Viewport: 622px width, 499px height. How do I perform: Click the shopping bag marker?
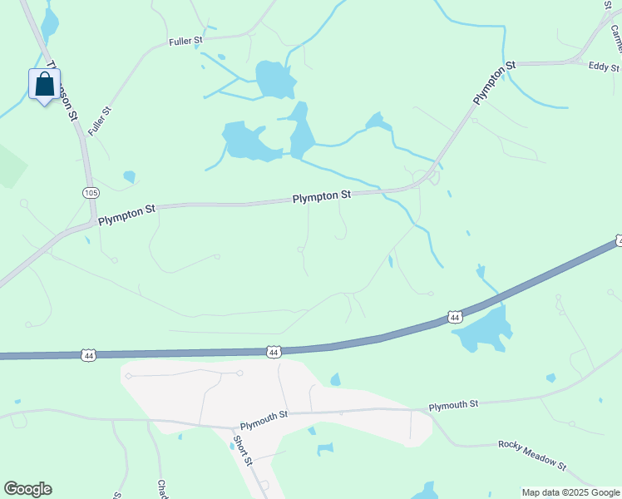pos(44,85)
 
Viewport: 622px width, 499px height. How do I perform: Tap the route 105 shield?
pos(91,193)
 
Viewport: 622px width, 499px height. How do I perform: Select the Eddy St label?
pos(604,67)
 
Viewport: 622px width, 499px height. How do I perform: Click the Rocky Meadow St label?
pos(532,456)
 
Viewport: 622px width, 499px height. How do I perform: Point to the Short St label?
pos(242,451)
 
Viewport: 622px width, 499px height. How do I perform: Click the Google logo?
pos(27,489)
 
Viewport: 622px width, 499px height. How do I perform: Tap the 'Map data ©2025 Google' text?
pos(570,492)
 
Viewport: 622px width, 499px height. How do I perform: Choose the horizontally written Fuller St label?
pos(185,40)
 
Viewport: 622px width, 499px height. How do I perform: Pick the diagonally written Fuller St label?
pos(100,121)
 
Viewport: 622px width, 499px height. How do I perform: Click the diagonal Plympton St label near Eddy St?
pos(495,82)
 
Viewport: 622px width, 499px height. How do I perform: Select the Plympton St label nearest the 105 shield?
pos(126,216)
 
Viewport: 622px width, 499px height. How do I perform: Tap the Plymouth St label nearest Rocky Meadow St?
pos(453,405)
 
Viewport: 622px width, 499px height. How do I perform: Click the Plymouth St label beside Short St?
pos(264,414)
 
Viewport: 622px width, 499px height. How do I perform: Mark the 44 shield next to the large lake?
pos(454,317)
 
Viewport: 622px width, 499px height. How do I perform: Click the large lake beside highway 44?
pos(482,329)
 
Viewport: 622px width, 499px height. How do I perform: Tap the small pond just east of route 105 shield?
pos(129,176)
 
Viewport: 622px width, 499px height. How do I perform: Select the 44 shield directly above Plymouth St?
pos(273,353)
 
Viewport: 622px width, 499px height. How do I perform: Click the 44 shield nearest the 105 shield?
pos(89,355)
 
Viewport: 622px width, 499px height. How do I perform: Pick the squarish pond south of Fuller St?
pos(275,80)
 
